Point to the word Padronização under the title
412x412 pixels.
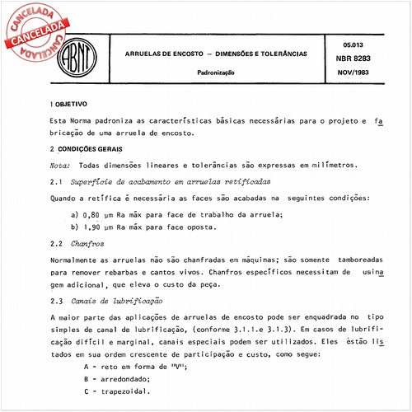click(216, 73)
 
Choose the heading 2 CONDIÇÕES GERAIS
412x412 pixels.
click(90, 148)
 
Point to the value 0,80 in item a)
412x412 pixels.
click(93, 214)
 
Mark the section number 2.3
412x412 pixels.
click(57, 301)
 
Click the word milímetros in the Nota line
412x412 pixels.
click(330, 165)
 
